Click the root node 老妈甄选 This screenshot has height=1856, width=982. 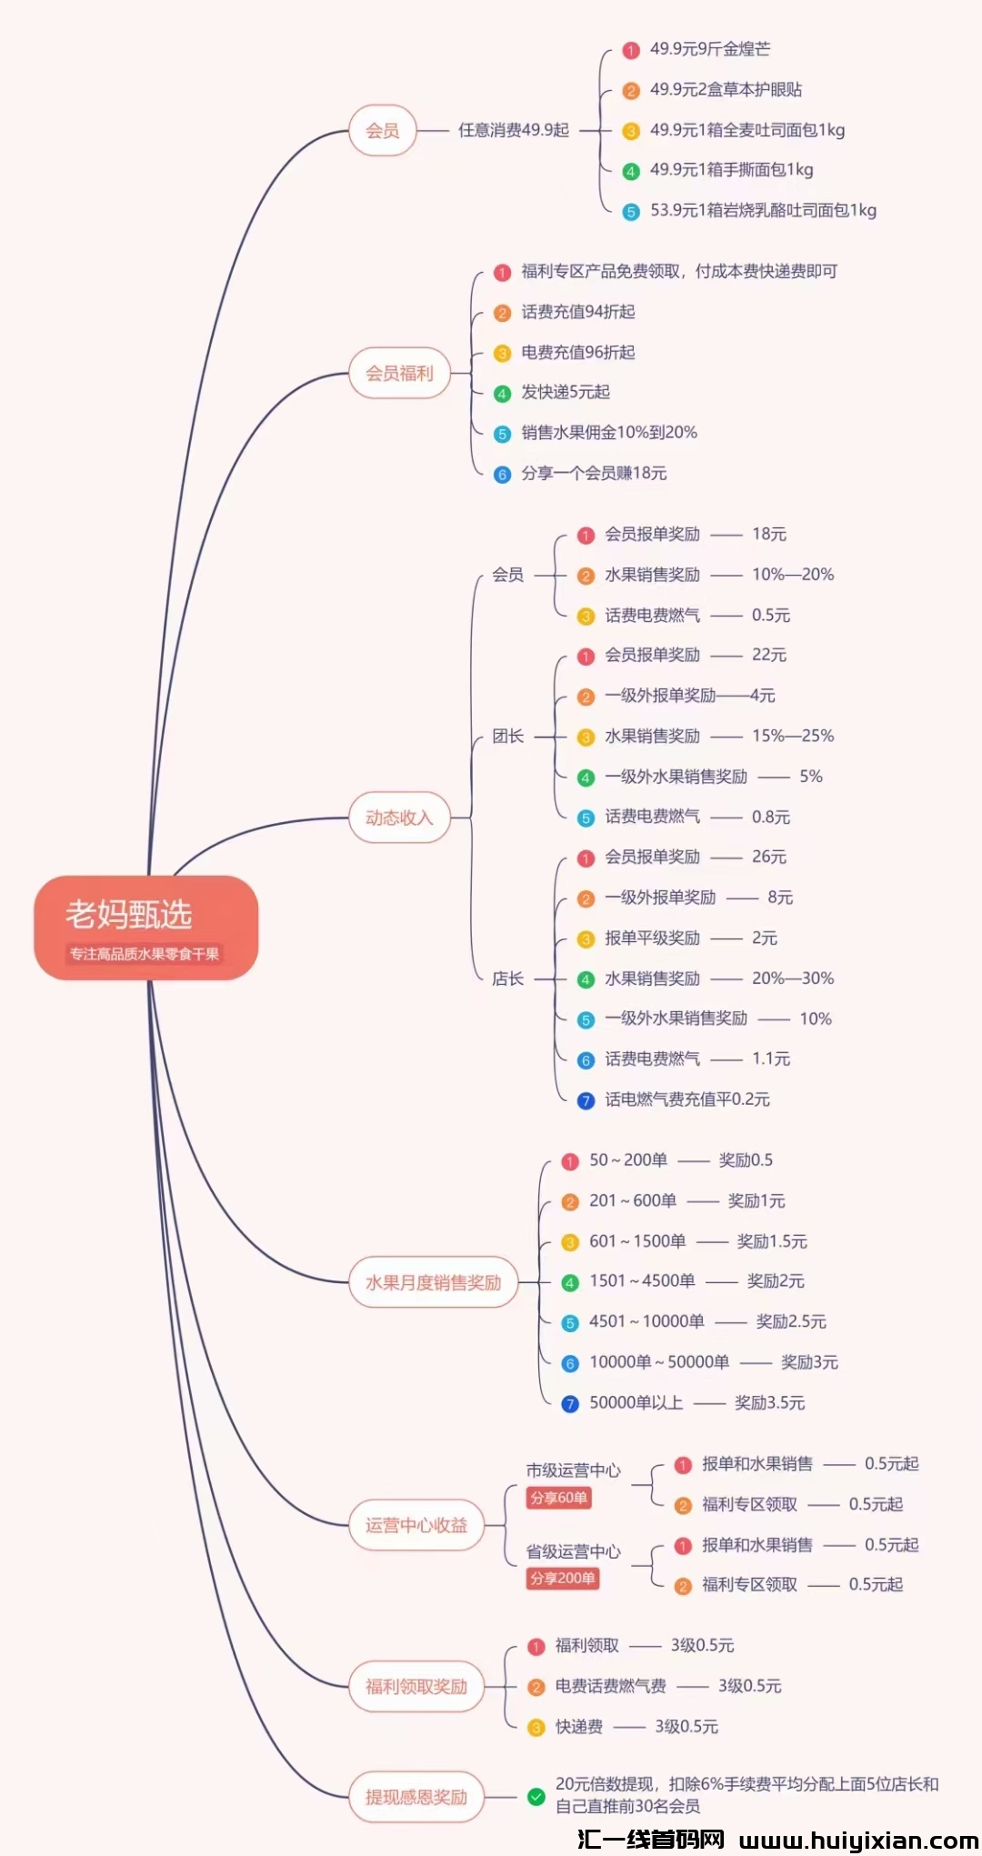coord(145,927)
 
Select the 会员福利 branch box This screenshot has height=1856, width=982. coord(399,373)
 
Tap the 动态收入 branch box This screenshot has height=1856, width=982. coord(399,818)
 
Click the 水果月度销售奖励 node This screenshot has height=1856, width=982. coord(433,1282)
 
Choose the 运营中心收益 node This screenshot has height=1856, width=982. coord(416,1525)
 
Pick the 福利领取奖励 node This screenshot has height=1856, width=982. coord(416,1687)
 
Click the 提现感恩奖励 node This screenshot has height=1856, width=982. coord(416,1797)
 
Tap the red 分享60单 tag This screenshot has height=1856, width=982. coord(558,1498)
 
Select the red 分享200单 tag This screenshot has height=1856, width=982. coord(562,1579)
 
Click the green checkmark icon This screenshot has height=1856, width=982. coord(536,1796)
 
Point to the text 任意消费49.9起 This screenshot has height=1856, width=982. coord(514,130)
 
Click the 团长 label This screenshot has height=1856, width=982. coord(507,736)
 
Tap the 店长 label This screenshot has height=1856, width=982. coord(507,978)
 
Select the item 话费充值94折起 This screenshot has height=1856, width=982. coord(578,312)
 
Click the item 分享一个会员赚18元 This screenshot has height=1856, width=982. coord(594,473)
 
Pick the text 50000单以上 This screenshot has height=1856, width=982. coord(636,1402)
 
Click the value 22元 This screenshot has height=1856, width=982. coord(769,655)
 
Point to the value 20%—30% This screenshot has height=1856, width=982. coord(793,978)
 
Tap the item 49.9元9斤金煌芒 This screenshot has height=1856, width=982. coord(709,49)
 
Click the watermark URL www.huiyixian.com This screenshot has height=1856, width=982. coord(858,1841)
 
